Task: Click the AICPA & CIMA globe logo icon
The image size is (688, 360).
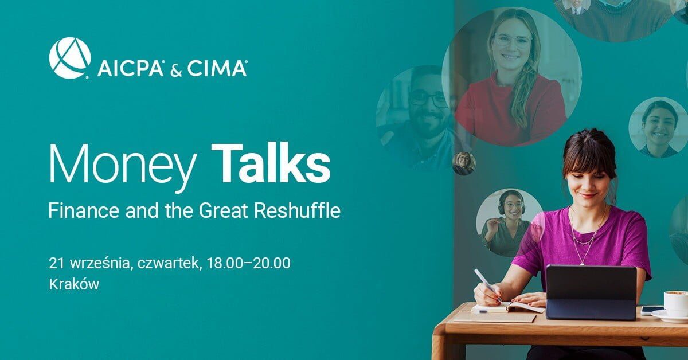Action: (69, 57)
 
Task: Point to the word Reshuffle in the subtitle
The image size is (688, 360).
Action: (300, 211)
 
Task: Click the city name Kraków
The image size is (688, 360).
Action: (75, 284)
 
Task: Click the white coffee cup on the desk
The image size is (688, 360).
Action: (675, 302)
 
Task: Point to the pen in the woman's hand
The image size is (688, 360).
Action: (487, 284)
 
